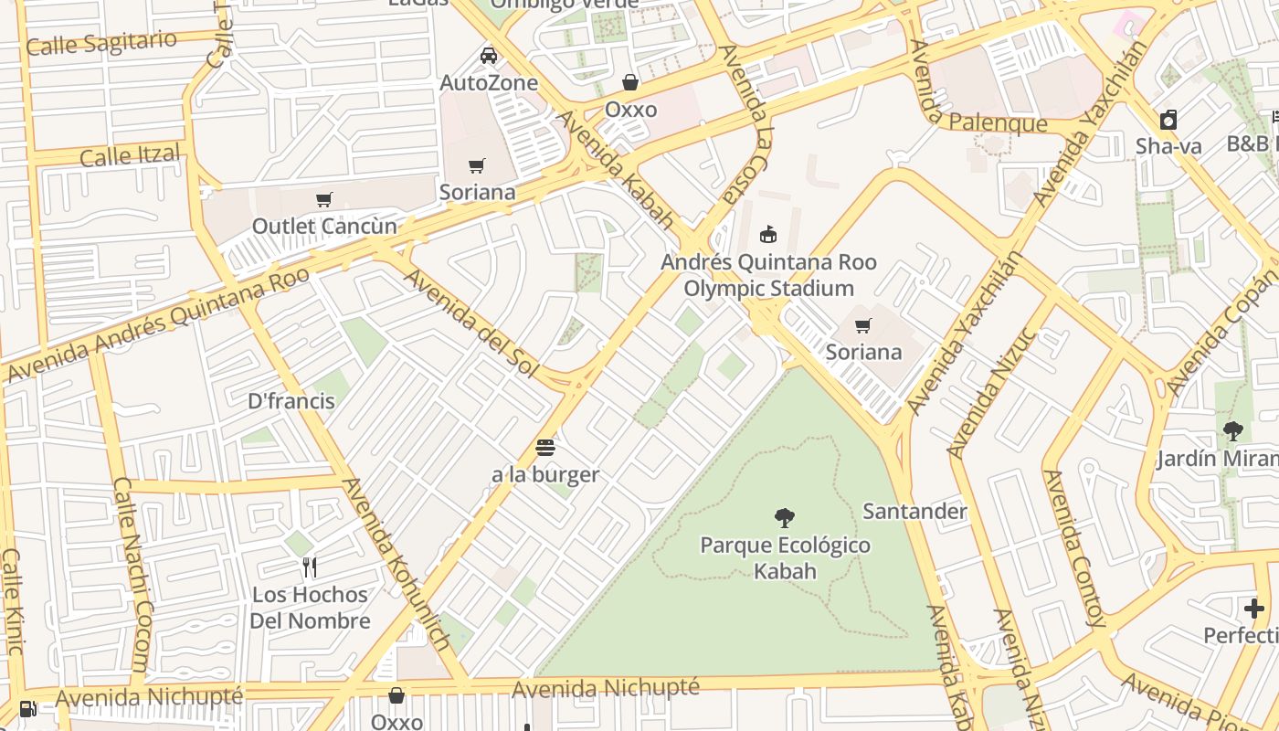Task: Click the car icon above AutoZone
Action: coord(489,55)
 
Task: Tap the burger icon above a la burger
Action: coord(545,447)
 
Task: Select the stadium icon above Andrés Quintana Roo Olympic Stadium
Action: coord(768,234)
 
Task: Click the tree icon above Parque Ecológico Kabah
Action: coord(784,518)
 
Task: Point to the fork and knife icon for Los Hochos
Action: coord(310,567)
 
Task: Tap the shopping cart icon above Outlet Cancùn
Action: coord(323,199)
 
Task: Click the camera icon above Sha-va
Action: coord(1168,120)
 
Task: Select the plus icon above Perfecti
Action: coord(1253,608)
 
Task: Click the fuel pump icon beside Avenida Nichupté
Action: coord(28,708)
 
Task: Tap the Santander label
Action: coord(914,511)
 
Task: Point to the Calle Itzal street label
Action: coord(130,155)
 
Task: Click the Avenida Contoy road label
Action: coord(1074,548)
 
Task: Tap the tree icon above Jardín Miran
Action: coord(1232,430)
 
